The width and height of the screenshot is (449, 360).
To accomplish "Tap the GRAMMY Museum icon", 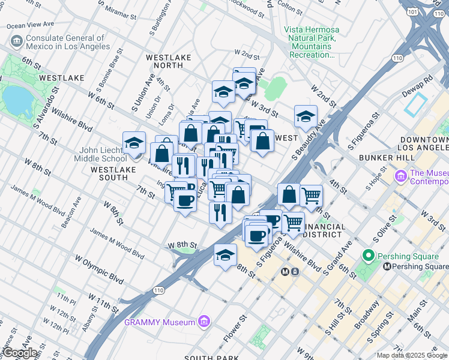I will coord(204,322).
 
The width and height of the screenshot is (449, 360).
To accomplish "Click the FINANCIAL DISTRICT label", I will coord(324,230).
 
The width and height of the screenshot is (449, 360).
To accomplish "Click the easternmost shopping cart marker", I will coord(311,195).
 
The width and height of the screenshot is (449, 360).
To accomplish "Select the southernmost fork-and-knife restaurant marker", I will coord(220,212).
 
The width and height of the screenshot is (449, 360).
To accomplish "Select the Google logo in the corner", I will coord(20,353).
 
